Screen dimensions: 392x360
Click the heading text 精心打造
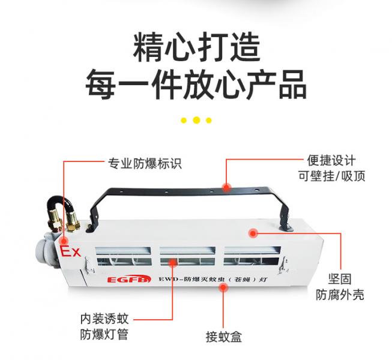(x=197, y=47)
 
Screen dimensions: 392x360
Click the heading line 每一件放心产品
(x=196, y=85)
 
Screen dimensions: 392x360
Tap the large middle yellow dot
(x=196, y=120)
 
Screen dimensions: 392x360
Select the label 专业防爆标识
(x=145, y=164)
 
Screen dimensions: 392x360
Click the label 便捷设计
(x=331, y=160)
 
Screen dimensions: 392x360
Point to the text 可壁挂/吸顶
(x=332, y=176)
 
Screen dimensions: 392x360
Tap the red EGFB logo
(x=129, y=280)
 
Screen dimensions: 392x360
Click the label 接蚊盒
(x=224, y=337)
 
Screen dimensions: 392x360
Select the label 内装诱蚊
(x=104, y=319)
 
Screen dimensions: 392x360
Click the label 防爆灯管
(x=104, y=335)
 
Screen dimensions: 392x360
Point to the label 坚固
(x=340, y=279)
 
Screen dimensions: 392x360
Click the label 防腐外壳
(x=340, y=295)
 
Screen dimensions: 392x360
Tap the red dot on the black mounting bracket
(x=226, y=187)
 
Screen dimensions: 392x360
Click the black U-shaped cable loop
(x=60, y=203)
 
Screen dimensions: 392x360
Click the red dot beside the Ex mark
(x=64, y=241)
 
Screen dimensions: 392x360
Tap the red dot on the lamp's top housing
(x=253, y=233)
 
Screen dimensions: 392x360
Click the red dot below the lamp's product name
(x=223, y=288)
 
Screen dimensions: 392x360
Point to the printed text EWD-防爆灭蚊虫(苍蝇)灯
(x=213, y=279)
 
